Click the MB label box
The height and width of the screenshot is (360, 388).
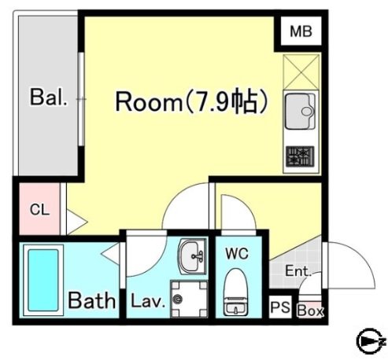[x=301, y=31]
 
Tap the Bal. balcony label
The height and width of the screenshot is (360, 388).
[x=49, y=97]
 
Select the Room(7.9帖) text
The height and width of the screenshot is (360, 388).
[x=191, y=101]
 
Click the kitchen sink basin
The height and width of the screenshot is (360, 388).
[x=300, y=112]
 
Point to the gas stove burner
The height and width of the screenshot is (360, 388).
[x=300, y=156]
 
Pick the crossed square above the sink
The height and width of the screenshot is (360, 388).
[x=301, y=72]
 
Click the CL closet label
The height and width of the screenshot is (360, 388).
[x=39, y=209]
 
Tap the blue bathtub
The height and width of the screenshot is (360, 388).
[x=43, y=280]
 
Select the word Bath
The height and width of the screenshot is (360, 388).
[x=92, y=300]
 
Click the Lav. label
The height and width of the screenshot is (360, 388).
[x=148, y=301]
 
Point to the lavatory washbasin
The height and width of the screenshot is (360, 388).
[x=192, y=256]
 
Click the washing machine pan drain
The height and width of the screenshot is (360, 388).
[x=177, y=299]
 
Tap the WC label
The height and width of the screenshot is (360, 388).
[x=237, y=253]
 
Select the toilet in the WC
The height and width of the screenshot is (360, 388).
[x=235, y=292]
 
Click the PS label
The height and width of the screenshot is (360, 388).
[x=280, y=307]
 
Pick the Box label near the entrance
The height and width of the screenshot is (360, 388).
[x=310, y=310]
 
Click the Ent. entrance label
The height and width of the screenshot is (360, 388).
[x=298, y=271]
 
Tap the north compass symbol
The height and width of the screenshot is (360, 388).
[x=369, y=341]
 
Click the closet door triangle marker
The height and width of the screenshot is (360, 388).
[x=76, y=222]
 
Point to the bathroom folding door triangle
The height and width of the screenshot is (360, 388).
[x=110, y=253]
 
